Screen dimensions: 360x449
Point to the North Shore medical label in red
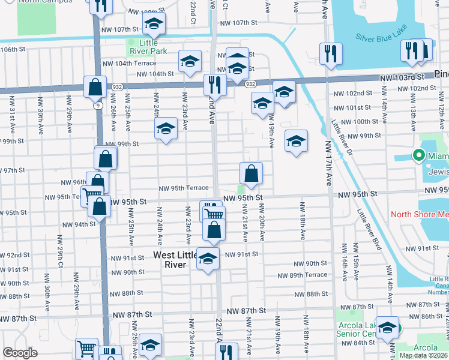420,214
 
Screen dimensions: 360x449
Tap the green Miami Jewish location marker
419,156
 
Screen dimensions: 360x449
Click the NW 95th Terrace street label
183,188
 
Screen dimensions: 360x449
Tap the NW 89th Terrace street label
303,275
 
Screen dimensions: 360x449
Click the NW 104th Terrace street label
130,63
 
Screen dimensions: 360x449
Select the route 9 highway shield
97,106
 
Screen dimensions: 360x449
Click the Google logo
20,353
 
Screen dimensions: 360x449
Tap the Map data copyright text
424,355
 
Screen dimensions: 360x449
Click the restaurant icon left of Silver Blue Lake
331,54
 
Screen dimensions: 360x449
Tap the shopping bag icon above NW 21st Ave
252,173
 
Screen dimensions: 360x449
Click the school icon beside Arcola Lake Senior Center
388,328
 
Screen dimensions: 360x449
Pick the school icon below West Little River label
208,259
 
